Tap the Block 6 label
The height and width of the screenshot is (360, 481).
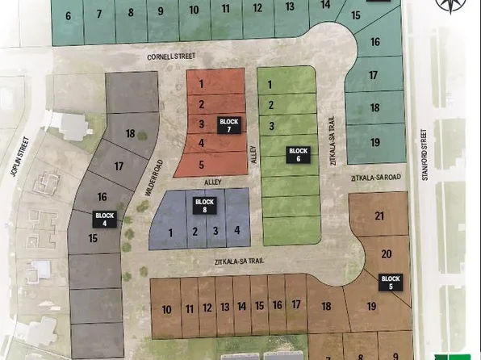[299, 155]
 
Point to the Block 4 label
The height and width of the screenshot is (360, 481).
[106, 220]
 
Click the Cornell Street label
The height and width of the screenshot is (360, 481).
[171, 57]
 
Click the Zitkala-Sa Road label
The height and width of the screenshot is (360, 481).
[374, 176]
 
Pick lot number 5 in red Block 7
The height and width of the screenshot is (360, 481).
[201, 164]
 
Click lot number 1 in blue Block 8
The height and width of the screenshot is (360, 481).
[171, 232]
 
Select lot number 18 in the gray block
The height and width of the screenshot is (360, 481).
[130, 133]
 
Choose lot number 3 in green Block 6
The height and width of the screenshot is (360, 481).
[272, 126]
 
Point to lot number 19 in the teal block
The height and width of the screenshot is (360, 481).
[374, 142]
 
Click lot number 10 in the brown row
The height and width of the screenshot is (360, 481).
[166, 309]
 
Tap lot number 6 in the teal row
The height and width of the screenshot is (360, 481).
[68, 15]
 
